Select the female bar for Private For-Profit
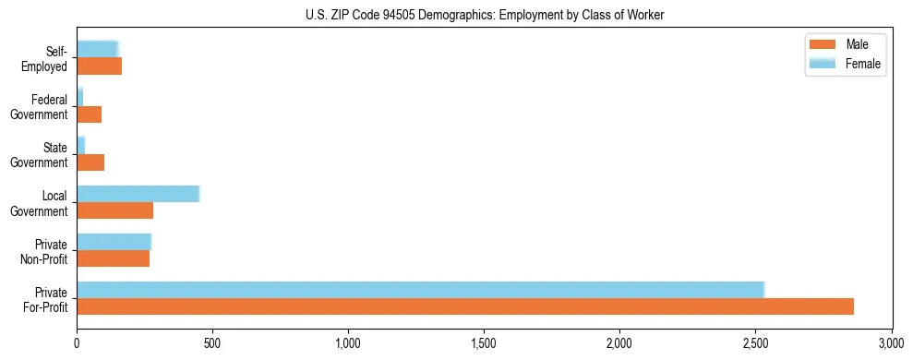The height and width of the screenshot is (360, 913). tap(420, 289)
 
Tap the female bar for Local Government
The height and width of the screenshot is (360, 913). tap(138, 193)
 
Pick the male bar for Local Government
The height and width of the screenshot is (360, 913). tap(114, 210)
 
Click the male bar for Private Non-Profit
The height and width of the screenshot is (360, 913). tap(113, 258)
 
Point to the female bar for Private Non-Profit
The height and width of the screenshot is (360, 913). tap(114, 241)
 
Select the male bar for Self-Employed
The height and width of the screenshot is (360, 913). tap(99, 66)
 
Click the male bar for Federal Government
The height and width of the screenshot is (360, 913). tap(89, 114)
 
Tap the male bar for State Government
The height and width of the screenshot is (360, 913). tap(90, 162)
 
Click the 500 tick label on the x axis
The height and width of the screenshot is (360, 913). tap(212, 342)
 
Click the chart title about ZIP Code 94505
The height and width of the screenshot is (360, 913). tap(485, 15)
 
